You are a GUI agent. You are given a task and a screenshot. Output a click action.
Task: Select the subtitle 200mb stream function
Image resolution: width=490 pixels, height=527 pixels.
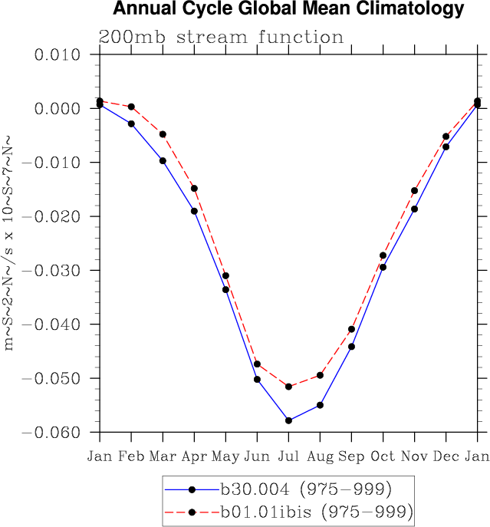pyautogui.click(x=221, y=38)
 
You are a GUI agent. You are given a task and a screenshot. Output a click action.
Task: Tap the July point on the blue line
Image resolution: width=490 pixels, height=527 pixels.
pyautogui.click(x=288, y=420)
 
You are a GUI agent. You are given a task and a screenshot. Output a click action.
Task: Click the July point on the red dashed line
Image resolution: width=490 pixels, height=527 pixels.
pyautogui.click(x=288, y=387)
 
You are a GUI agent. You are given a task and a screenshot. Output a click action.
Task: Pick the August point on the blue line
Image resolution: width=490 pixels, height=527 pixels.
pyautogui.click(x=320, y=405)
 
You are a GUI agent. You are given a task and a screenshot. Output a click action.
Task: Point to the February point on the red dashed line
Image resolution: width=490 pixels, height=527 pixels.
pyautogui.click(x=131, y=107)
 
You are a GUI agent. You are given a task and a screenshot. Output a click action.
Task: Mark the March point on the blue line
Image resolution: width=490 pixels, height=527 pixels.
pyautogui.click(x=163, y=160)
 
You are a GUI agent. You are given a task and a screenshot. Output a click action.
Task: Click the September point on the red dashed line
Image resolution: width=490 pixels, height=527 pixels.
pyautogui.click(x=351, y=329)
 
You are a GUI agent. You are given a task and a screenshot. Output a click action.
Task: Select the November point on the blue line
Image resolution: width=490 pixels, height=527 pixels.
pyautogui.click(x=414, y=209)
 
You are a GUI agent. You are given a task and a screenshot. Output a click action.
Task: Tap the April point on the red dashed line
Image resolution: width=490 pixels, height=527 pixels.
pyautogui.click(x=194, y=188)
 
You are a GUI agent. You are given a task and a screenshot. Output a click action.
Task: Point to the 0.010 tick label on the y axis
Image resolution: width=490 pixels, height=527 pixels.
pyautogui.click(x=58, y=55)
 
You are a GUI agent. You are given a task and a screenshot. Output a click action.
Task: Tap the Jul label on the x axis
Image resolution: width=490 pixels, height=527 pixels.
pyautogui.click(x=288, y=456)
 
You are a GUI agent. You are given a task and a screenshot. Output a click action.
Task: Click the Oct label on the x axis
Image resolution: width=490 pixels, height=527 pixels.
pyautogui.click(x=383, y=456)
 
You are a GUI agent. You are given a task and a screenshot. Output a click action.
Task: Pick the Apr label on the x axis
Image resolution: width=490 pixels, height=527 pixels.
pyautogui.click(x=194, y=456)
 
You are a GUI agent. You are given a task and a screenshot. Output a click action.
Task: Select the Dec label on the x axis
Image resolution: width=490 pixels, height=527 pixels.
pyautogui.click(x=446, y=456)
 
